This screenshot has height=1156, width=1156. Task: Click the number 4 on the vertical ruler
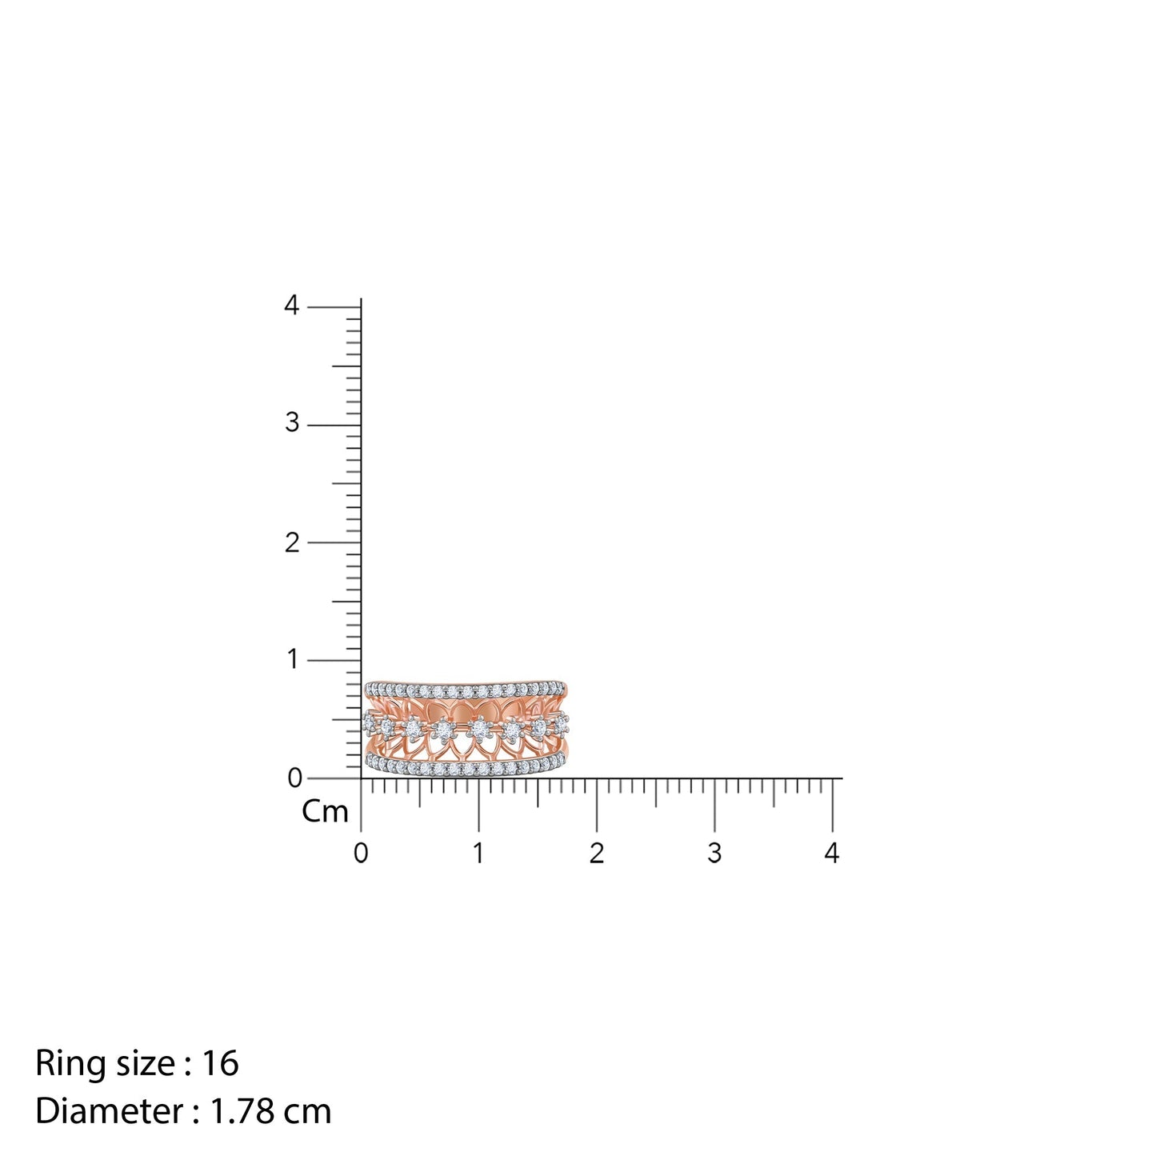click(x=292, y=306)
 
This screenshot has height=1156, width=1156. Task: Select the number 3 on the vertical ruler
click(x=292, y=422)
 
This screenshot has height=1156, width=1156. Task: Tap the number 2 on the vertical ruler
click(x=292, y=542)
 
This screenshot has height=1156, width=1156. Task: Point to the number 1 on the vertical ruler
click(x=292, y=660)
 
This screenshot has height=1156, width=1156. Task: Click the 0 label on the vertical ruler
click(x=294, y=778)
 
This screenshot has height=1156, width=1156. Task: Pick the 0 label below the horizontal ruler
click(x=361, y=854)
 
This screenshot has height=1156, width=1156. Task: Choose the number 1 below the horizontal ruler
click(x=478, y=854)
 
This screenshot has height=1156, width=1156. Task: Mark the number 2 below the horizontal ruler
click(x=596, y=854)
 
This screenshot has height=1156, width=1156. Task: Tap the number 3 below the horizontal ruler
click(x=714, y=854)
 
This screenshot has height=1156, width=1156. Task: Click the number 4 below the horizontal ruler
click(x=832, y=854)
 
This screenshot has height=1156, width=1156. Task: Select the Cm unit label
click(x=325, y=812)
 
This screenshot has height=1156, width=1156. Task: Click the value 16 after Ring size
click(x=220, y=1063)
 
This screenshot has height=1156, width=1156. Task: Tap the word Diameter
click(x=109, y=1111)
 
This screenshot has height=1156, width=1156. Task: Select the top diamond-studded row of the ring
click(x=466, y=690)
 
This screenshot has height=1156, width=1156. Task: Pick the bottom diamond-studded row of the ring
click(x=466, y=768)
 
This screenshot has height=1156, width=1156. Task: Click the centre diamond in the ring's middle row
click(x=479, y=729)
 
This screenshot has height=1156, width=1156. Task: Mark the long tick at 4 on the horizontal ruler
click(x=832, y=804)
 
